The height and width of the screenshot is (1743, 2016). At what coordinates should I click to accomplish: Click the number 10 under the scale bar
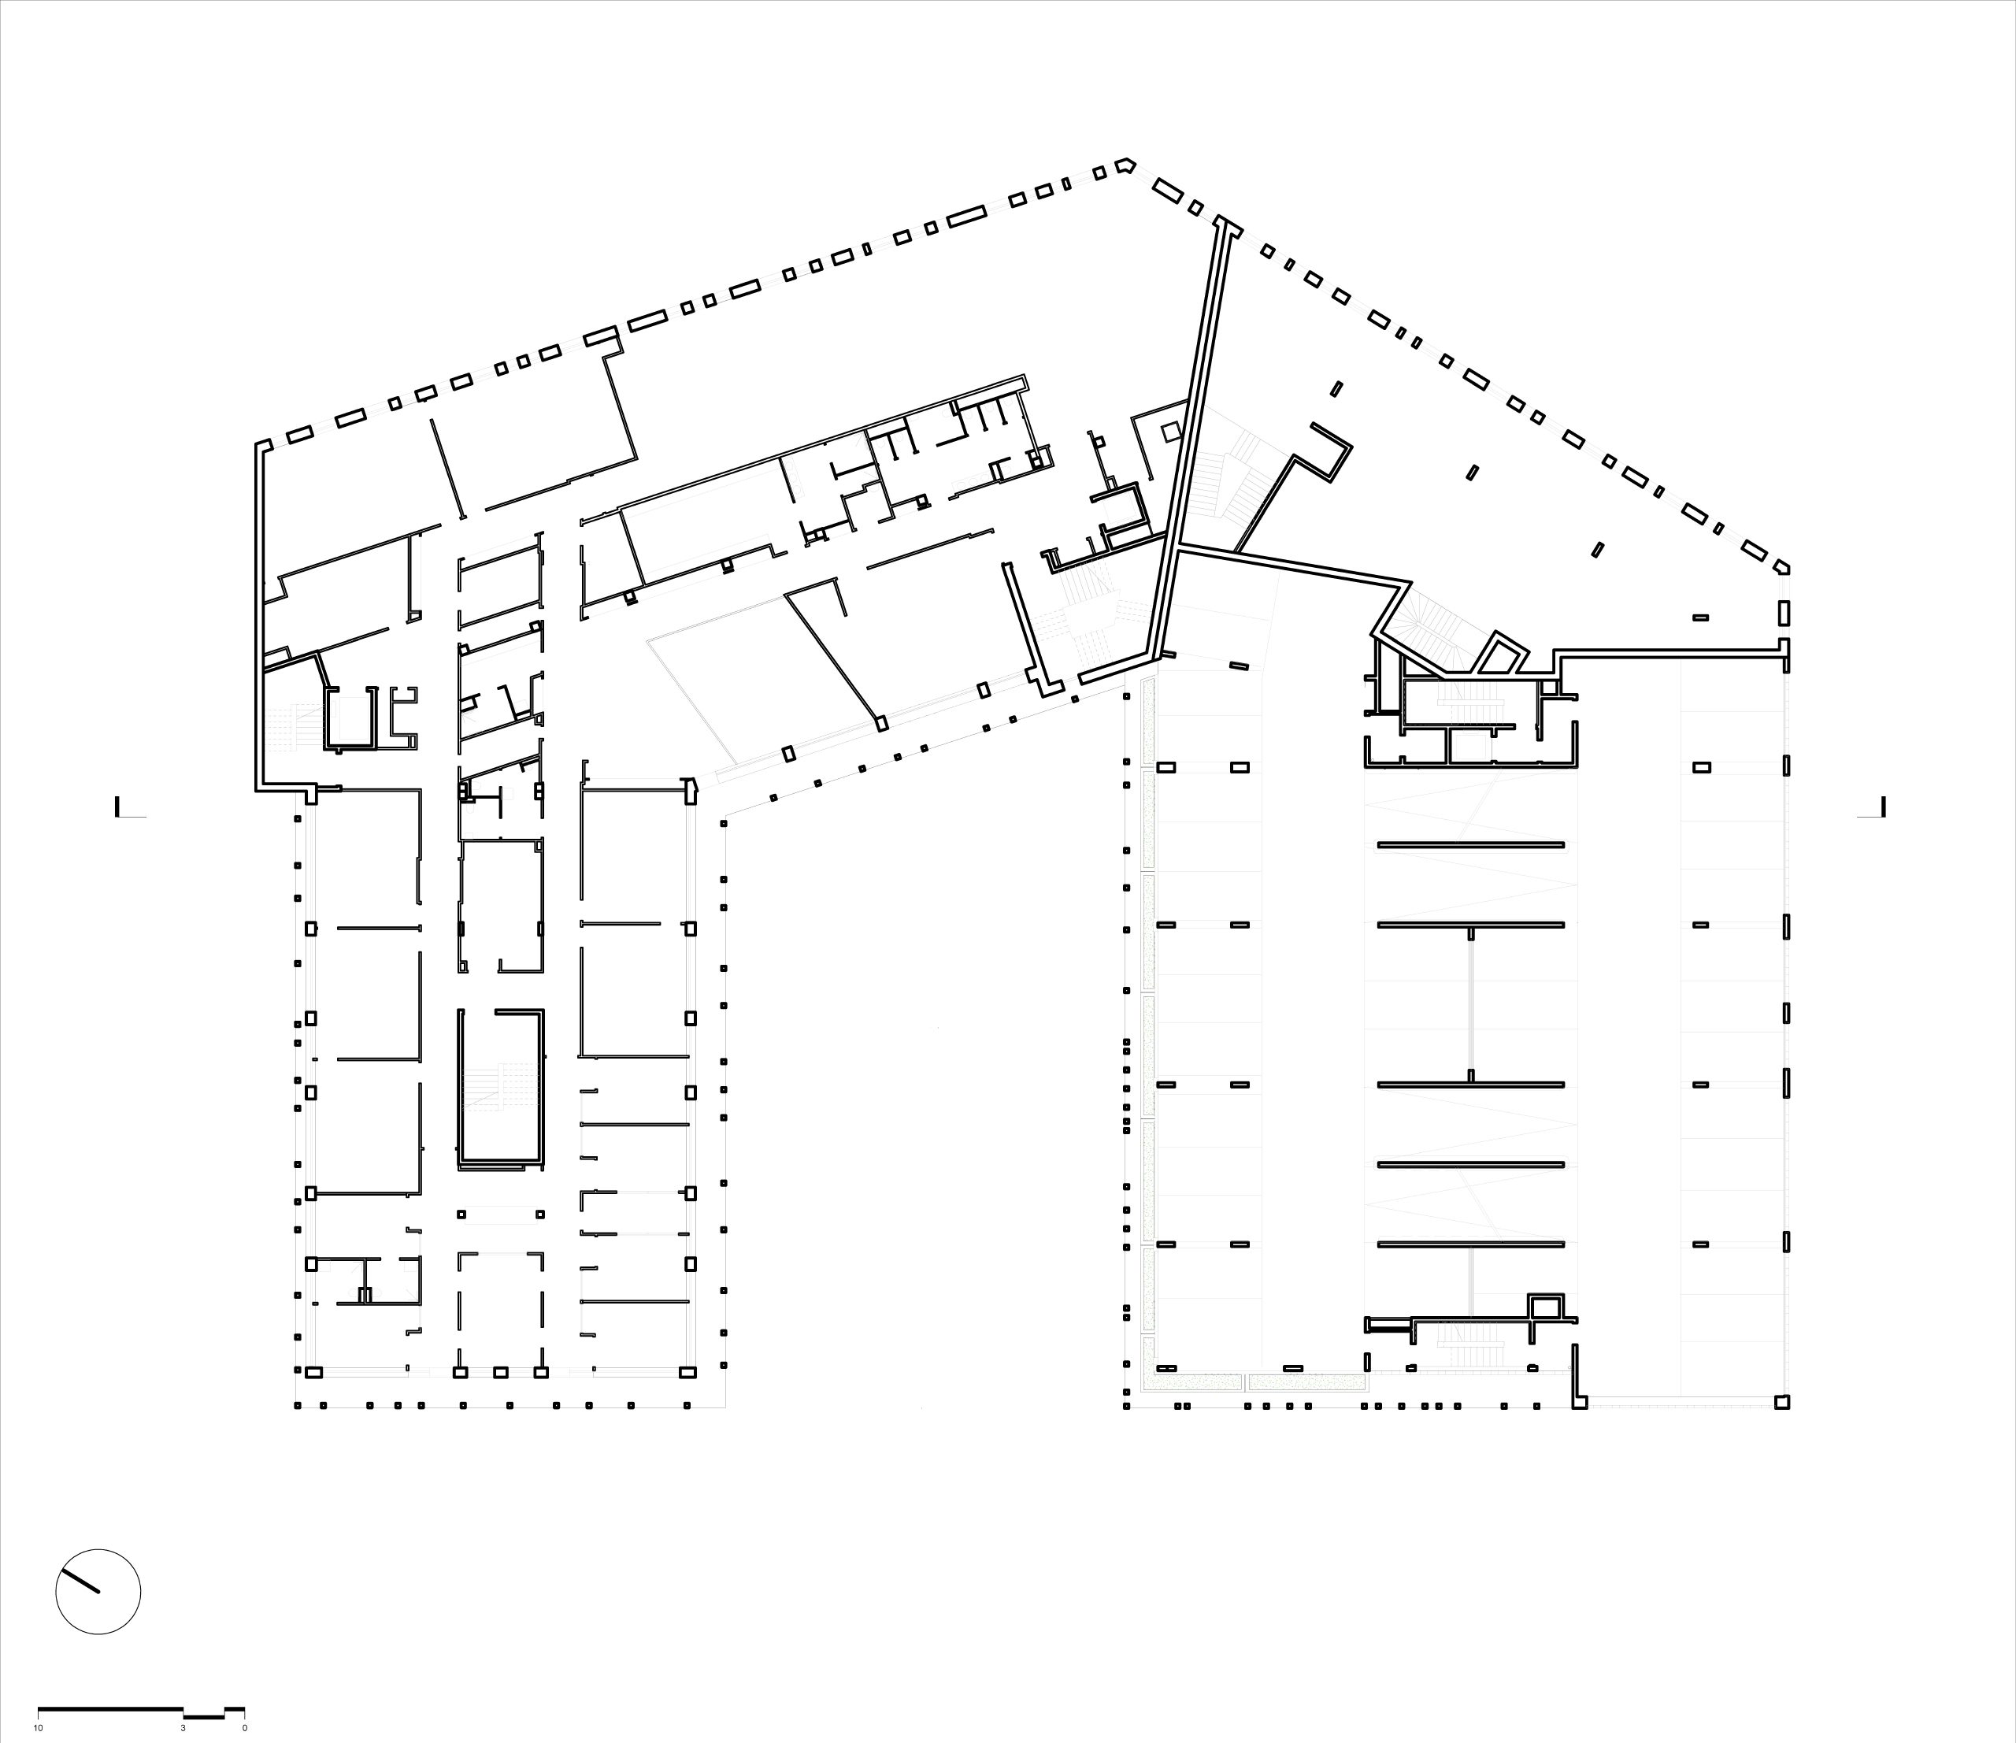(38, 1728)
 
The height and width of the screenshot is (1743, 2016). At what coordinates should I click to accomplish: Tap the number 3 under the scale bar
(182, 1728)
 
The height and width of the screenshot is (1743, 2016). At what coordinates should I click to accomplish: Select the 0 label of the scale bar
(244, 1728)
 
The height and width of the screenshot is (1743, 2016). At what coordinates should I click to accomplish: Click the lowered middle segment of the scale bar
(204, 1715)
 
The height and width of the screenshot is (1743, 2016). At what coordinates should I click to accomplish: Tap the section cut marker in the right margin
(1871, 808)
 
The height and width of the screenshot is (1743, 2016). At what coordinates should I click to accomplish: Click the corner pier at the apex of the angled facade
(1125, 165)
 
